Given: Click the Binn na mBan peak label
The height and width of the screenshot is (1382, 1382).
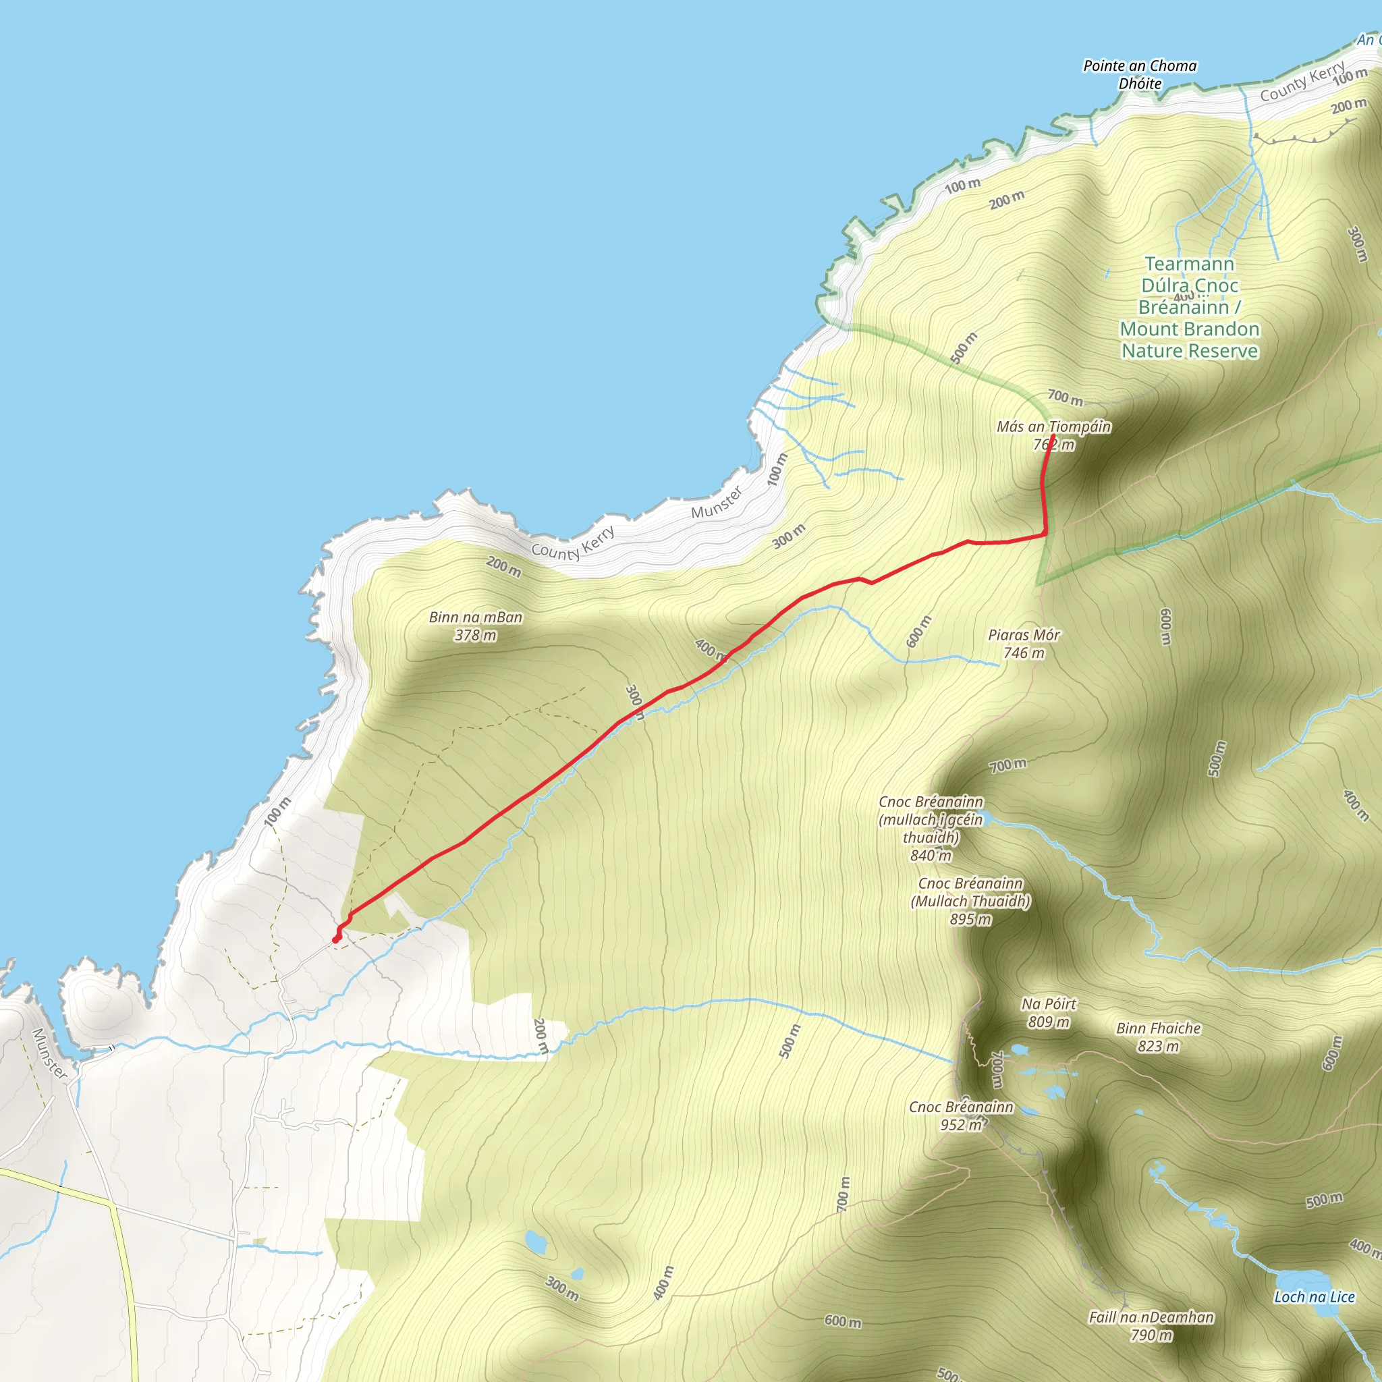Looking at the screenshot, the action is pyautogui.click(x=476, y=617).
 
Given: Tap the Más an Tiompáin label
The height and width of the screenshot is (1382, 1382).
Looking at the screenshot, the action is pyautogui.click(x=1053, y=427).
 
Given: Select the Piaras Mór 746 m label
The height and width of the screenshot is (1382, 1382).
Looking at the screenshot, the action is pyautogui.click(x=1024, y=644).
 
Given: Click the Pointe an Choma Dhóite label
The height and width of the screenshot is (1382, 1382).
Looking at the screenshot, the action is pyautogui.click(x=1140, y=74).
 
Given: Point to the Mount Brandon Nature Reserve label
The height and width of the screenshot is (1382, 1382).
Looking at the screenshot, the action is pyautogui.click(x=1189, y=308).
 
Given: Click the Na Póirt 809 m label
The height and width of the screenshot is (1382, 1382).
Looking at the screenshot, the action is pyautogui.click(x=1049, y=1013).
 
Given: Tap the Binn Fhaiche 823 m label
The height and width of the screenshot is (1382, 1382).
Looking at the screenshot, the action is pyautogui.click(x=1158, y=1037).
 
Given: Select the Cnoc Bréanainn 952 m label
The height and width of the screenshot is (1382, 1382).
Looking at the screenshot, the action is pyautogui.click(x=961, y=1116).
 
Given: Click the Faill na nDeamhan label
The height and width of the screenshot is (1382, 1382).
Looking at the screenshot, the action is pyautogui.click(x=1151, y=1317).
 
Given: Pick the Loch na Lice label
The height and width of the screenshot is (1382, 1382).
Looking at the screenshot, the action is pyautogui.click(x=1314, y=1297).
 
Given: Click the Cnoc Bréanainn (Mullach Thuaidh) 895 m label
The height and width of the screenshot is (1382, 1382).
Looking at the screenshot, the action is pyautogui.click(x=970, y=902).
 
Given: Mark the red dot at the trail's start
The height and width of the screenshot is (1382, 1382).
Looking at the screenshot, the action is pyautogui.click(x=336, y=939).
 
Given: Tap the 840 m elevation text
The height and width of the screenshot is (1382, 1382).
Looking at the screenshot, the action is pyautogui.click(x=931, y=856).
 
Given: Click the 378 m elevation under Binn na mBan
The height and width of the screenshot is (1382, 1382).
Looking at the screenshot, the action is pyautogui.click(x=476, y=635).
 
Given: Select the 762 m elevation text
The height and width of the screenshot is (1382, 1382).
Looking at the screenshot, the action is pyautogui.click(x=1053, y=445).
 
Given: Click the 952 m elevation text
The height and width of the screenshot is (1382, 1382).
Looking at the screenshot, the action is pyautogui.click(x=961, y=1125).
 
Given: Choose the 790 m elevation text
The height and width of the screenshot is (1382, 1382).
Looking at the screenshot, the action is pyautogui.click(x=1151, y=1335).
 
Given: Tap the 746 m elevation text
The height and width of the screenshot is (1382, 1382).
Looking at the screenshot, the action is pyautogui.click(x=1024, y=653).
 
